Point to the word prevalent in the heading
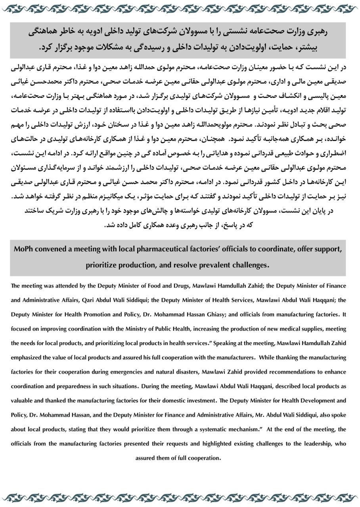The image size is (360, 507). (215, 264)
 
